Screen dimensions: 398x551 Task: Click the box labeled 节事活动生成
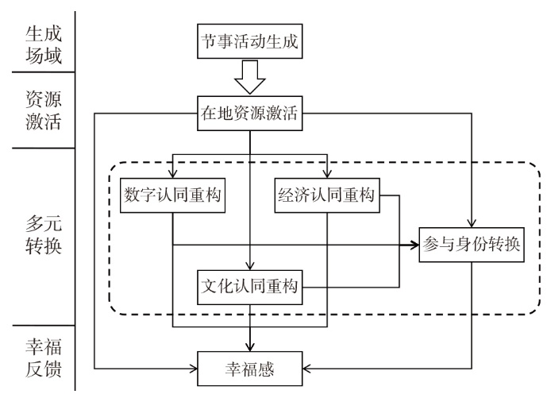250,41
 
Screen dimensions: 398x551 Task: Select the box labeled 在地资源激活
250,114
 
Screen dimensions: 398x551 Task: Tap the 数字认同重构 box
172,194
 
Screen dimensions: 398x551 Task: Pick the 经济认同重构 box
327,194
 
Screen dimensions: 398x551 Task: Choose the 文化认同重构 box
250,286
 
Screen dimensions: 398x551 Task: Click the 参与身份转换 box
472,245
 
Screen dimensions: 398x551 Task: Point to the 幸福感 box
250,368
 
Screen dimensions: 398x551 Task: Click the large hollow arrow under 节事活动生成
250,80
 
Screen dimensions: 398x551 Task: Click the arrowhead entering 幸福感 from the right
306,368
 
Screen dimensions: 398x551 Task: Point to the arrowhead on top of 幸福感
250,346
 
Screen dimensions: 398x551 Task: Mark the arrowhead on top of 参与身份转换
472,223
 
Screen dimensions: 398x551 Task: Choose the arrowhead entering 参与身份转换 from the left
416,245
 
